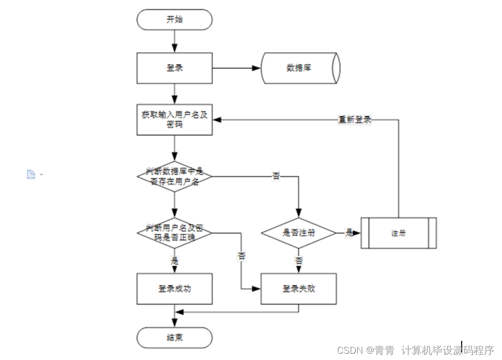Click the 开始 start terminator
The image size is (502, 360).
tap(174, 20)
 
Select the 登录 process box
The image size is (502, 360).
tap(174, 68)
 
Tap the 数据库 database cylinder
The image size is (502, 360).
tap(300, 68)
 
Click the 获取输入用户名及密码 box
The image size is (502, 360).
tap(174, 120)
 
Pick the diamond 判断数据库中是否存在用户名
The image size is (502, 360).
tap(174, 176)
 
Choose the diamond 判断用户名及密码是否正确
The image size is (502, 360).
tap(174, 232)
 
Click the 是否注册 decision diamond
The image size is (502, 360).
tap(299, 232)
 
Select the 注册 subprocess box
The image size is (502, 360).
tap(398, 233)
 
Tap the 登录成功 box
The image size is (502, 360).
tap(174, 289)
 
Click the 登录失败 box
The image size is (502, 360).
tap(299, 289)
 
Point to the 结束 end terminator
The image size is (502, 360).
tap(174, 337)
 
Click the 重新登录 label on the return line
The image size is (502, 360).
tap(355, 119)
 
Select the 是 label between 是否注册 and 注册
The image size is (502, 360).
tap(349, 233)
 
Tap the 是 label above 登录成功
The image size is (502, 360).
tap(175, 261)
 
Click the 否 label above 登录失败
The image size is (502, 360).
tap(299, 261)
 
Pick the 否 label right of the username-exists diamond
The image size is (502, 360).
tap(277, 176)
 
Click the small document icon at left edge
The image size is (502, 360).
tap(31, 175)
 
